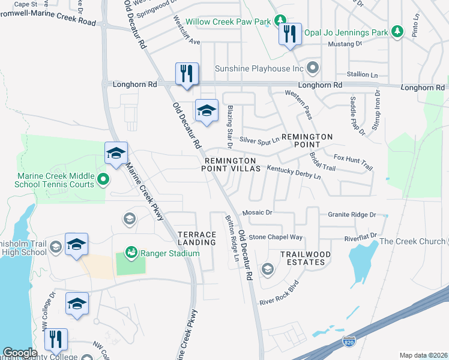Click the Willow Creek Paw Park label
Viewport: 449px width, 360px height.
tap(228, 22)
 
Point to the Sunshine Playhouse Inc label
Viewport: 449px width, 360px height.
tap(260, 68)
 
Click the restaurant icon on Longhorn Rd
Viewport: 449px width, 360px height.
tap(186, 74)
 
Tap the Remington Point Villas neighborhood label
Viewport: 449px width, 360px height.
tap(231, 165)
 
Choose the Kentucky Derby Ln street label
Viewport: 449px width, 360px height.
tap(294, 173)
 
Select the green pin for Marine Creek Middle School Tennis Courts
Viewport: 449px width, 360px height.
tap(103, 179)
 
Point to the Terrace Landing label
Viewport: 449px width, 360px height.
tap(197, 238)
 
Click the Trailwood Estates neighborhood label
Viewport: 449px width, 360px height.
tap(306, 258)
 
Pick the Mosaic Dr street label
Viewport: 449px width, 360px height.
tap(258, 212)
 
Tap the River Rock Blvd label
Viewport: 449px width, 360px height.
tap(279, 293)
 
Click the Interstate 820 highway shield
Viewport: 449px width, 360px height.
tap(349, 342)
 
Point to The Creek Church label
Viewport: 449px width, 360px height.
tap(412, 242)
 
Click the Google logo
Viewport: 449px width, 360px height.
tap(20, 353)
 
